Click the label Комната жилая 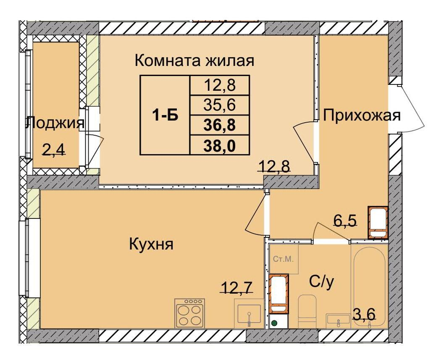point(194,61)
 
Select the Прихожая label point(361,115)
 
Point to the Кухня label point(151,244)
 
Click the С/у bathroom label point(322,282)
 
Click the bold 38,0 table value point(219,145)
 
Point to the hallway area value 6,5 point(345,220)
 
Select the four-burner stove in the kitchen point(189,313)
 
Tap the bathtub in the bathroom point(369,286)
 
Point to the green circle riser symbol point(274,323)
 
